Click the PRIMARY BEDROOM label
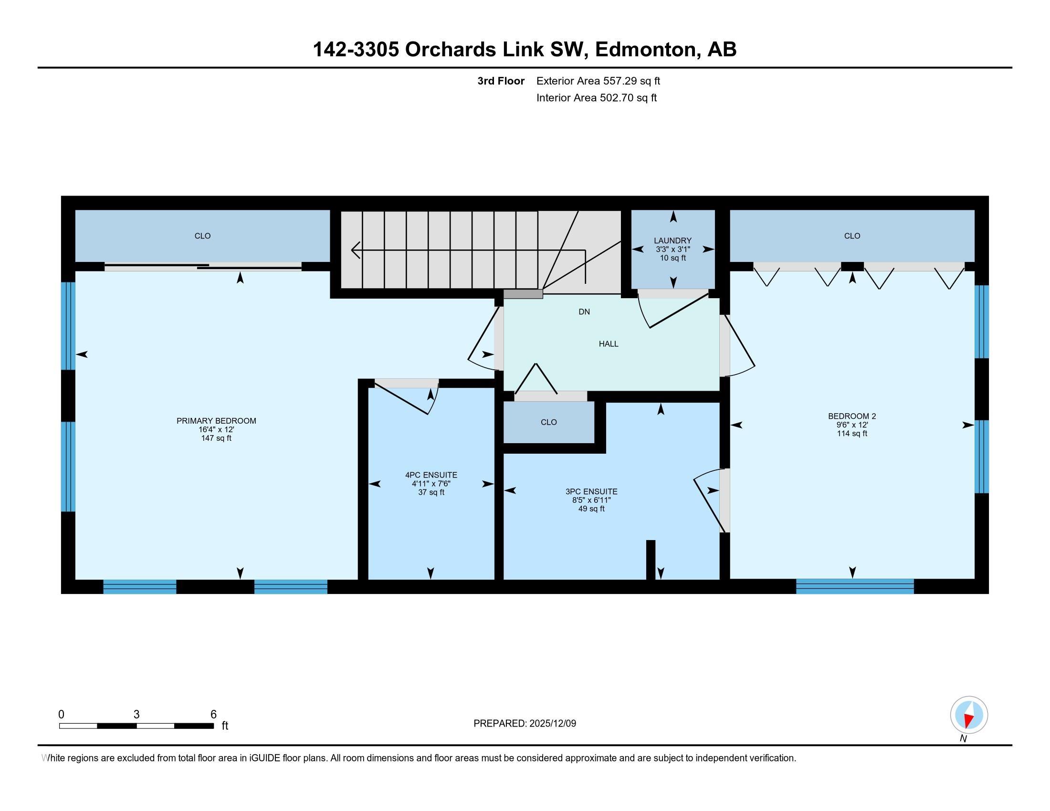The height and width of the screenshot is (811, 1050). point(216,421)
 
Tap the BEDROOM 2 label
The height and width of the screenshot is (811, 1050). point(852,416)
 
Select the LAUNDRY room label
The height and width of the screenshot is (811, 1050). point(672,241)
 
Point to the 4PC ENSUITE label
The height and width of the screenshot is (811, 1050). point(431,475)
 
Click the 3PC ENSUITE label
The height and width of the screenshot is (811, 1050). point(591,491)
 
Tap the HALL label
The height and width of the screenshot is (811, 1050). point(609,344)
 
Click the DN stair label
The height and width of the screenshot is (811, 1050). point(584,312)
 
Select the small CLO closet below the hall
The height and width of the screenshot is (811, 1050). point(548,422)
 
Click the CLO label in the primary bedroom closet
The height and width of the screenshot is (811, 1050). point(202,236)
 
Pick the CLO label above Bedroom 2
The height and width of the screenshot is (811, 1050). point(852,236)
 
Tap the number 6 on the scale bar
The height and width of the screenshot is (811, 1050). point(213,715)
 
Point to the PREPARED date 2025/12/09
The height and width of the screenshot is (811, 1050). point(552,724)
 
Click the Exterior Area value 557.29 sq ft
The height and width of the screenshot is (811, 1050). point(632,81)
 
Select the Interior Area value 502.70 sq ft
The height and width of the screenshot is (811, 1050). point(628,98)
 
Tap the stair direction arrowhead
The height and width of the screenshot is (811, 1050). point(356,250)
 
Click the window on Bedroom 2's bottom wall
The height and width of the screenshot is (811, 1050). point(855,587)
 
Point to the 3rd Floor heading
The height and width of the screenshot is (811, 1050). point(501,81)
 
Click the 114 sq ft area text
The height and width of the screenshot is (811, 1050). point(852,433)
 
